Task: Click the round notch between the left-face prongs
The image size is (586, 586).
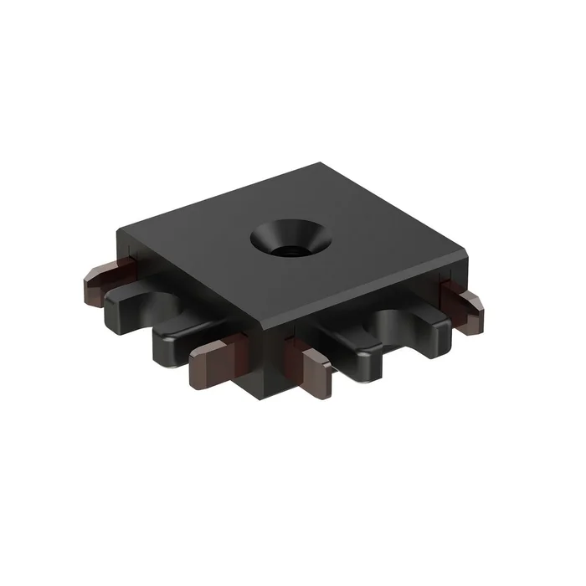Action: (x=167, y=306)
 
